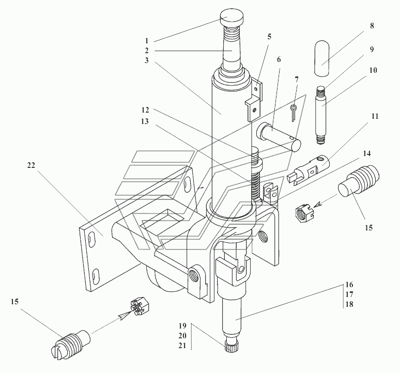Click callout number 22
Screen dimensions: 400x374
[31, 165]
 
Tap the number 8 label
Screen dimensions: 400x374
[372, 26]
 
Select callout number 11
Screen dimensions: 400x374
[375, 117]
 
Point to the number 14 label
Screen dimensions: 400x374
[367, 153]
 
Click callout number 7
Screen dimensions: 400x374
[297, 80]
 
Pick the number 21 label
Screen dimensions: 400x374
[182, 346]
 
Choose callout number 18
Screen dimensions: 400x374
[349, 304]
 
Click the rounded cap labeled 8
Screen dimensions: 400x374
[321, 58]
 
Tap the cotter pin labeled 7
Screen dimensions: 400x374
[294, 113]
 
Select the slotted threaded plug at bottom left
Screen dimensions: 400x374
[70, 346]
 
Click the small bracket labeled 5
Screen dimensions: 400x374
[254, 101]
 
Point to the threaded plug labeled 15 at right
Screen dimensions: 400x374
[359, 184]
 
